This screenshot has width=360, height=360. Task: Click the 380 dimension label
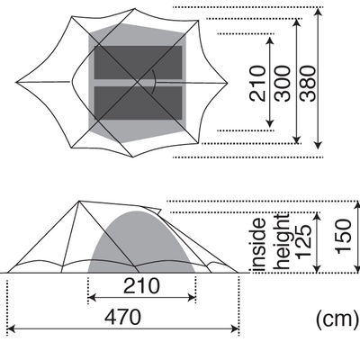click(308, 84)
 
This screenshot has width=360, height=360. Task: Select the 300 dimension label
click(283, 84)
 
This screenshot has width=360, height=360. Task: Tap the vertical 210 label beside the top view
click(257, 84)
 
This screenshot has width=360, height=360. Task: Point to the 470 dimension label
click(122, 317)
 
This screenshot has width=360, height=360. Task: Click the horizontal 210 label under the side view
click(141, 286)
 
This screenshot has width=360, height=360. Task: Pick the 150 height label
click(344, 237)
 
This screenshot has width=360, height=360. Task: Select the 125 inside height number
click(303, 242)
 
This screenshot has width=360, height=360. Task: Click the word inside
click(259, 245)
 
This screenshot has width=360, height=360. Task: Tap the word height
click(283, 242)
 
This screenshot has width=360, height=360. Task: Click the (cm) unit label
click(337, 319)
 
